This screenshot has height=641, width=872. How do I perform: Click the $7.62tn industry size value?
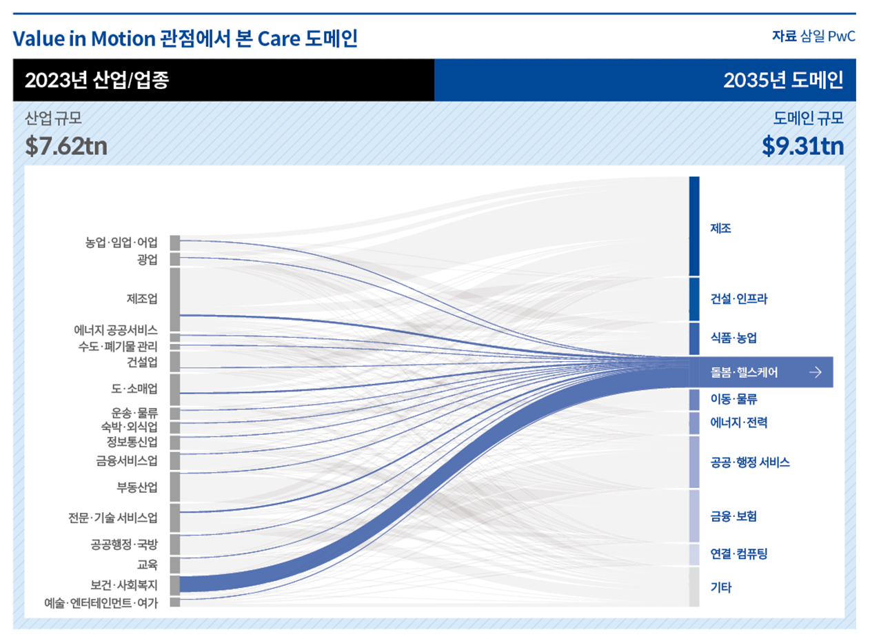tap(66, 145)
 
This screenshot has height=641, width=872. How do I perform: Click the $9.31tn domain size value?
tap(802, 145)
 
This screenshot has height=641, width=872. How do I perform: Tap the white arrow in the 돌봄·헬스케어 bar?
tap(815, 373)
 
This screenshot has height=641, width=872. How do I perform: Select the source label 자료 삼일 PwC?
tap(813, 37)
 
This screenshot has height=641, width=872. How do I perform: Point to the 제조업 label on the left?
tap(142, 298)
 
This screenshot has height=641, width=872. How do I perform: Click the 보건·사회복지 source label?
tap(124, 586)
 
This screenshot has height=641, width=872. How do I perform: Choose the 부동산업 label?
tap(137, 488)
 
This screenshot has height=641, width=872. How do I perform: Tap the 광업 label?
tap(148, 260)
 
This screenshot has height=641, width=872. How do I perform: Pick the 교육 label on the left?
tap(148, 565)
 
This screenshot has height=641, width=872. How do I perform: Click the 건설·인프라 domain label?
tap(739, 299)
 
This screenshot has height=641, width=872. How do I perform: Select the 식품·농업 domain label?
tap(733, 338)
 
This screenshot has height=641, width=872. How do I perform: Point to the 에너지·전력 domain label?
tap(738, 422)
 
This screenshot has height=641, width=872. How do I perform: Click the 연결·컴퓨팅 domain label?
tap(738, 553)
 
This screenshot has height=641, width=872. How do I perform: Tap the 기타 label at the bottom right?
tap(720, 588)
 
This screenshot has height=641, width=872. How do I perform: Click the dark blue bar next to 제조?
tap(694, 226)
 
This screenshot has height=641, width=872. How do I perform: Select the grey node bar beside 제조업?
tap(175, 299)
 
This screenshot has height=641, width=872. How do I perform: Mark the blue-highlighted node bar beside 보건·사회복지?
tap(175, 585)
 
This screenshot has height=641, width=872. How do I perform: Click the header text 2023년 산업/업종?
tap(97, 81)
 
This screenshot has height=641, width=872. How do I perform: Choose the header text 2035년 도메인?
tap(783, 81)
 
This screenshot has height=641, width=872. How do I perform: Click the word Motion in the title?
tap(125, 39)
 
